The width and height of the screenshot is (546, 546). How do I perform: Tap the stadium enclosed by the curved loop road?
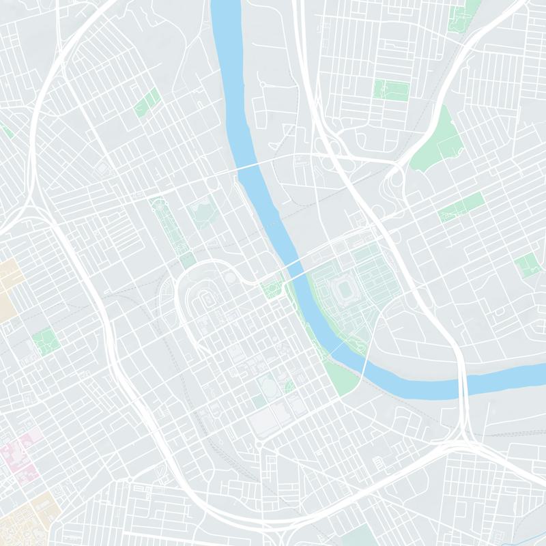[205, 298]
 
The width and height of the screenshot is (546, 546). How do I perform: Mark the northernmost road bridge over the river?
[253, 167]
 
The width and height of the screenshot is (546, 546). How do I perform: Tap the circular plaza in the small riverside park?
[272, 290]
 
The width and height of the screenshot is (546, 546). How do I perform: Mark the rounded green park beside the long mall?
[203, 213]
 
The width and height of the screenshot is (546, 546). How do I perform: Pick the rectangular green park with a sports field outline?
[390, 89]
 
